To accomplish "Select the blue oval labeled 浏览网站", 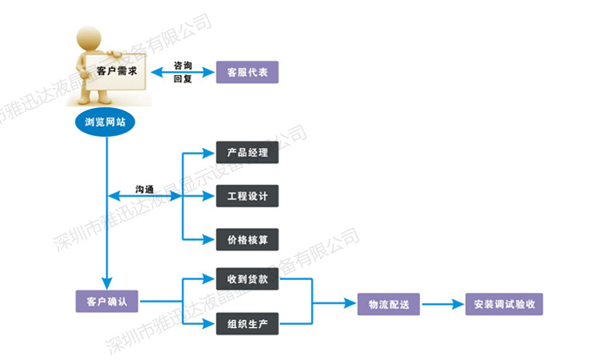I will [x=105, y=122].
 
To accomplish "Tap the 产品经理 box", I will [x=247, y=152].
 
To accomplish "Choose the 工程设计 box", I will [x=247, y=195].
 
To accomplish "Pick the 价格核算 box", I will [x=247, y=239].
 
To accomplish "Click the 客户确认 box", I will [x=107, y=302].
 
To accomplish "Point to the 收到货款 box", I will [x=247, y=280].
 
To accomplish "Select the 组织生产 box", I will [x=247, y=324].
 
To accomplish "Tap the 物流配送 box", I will [x=389, y=304].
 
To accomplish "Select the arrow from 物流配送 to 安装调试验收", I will [x=442, y=304].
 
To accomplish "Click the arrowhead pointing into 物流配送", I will [x=351, y=304].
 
